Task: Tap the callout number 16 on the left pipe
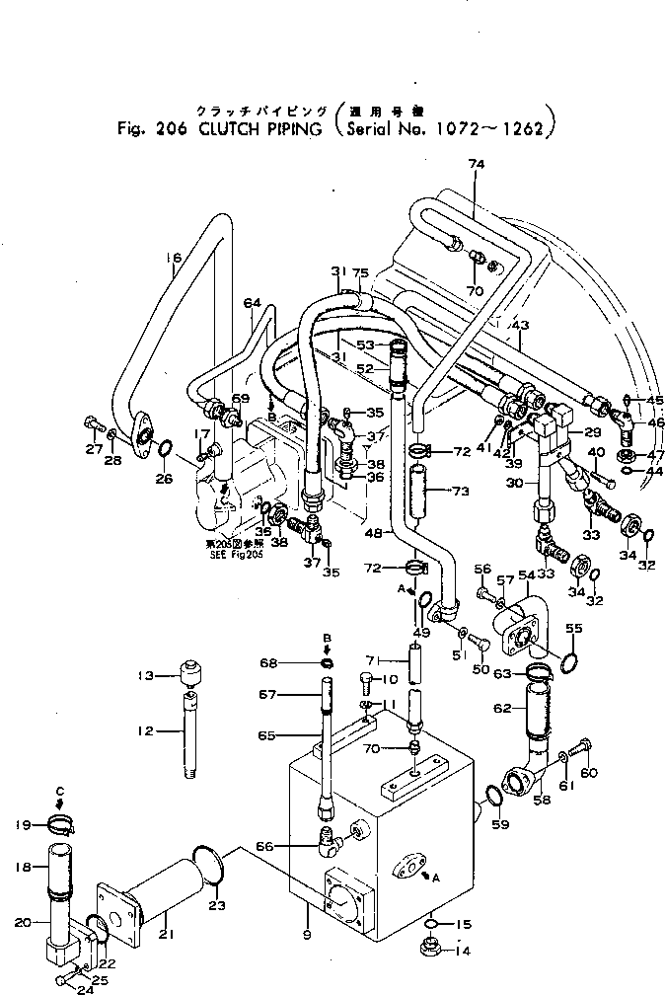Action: (173, 260)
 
